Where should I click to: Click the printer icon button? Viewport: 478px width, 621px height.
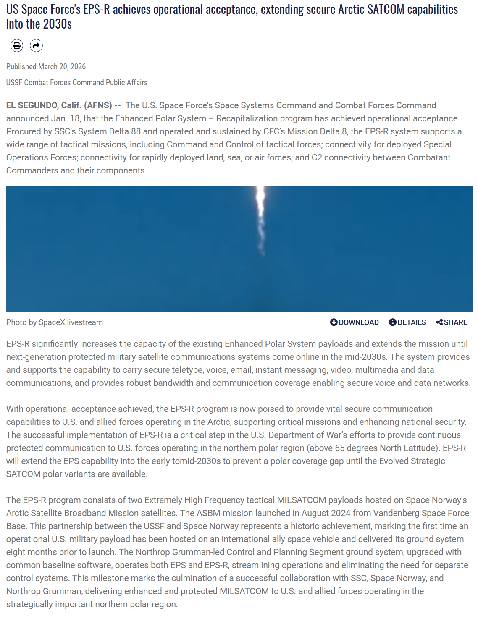click(17, 45)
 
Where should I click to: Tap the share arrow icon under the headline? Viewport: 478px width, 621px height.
click(37, 45)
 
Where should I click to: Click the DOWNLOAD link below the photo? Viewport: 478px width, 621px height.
click(355, 322)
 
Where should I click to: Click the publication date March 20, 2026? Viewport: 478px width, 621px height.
click(62, 67)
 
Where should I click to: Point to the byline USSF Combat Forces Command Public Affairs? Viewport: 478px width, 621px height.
click(77, 83)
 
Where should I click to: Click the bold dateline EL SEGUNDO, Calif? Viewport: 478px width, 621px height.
click(44, 105)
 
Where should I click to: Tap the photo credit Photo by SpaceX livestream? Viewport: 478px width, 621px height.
click(55, 322)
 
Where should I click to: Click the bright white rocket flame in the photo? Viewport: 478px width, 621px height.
click(260, 202)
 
